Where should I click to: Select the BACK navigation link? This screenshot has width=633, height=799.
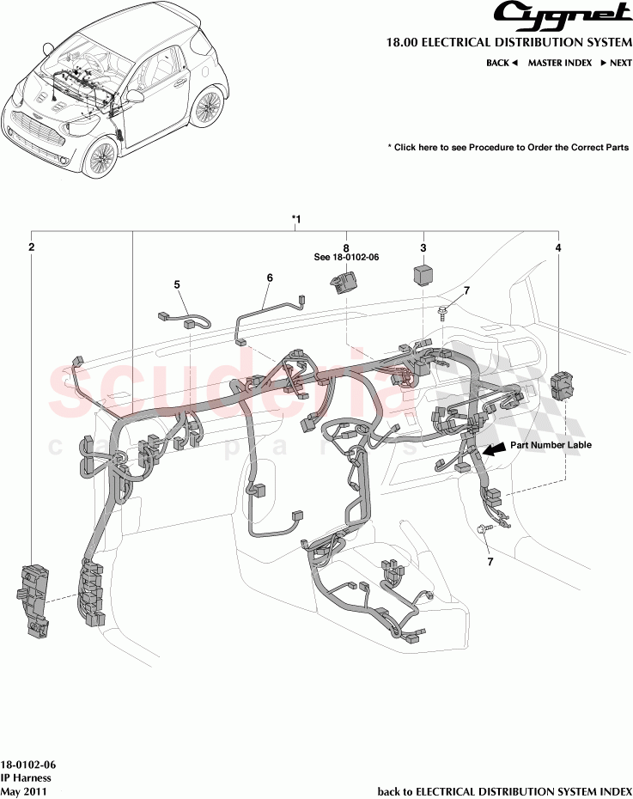(x=502, y=63)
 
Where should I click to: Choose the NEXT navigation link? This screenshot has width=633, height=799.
(x=615, y=63)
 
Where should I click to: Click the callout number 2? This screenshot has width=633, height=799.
(x=31, y=247)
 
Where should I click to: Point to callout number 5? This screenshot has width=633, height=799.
(x=177, y=284)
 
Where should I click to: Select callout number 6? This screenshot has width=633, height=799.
(x=269, y=278)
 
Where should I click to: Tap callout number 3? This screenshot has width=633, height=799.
(x=423, y=247)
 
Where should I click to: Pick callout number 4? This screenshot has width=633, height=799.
(x=558, y=247)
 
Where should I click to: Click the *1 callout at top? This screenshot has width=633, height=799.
(x=295, y=220)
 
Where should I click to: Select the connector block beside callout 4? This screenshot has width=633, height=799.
(x=559, y=384)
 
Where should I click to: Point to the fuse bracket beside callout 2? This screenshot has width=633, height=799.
(x=33, y=602)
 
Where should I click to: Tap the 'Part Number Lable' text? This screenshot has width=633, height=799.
(x=551, y=445)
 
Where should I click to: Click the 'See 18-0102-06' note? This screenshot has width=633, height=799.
(x=347, y=257)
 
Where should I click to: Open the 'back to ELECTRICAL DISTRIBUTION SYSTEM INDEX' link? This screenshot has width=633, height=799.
(x=505, y=790)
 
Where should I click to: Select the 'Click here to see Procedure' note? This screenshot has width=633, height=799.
(x=508, y=148)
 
